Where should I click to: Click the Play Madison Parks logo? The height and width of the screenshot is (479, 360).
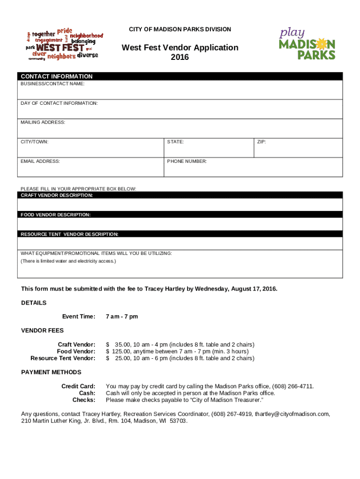pos(307,44)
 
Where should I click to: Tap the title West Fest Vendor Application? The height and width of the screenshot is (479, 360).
pos(180,48)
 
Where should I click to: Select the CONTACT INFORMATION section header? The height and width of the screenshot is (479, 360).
pos(57,76)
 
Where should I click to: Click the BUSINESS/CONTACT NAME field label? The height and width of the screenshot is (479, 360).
pos(52,84)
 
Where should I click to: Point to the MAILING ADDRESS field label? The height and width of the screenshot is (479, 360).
pos(43,123)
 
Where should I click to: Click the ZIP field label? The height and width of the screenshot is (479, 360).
pos(261,141)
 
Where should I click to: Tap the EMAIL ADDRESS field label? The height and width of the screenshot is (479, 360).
pos(40,161)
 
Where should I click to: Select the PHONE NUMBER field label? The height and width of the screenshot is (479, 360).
pos(187,161)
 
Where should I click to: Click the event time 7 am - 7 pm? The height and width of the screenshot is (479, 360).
pos(122,317)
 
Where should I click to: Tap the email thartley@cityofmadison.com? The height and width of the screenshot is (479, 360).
pos(291,414)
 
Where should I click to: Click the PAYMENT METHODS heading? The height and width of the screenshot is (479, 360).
pos(51,372)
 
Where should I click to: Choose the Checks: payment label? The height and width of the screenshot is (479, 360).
pos(84,400)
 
